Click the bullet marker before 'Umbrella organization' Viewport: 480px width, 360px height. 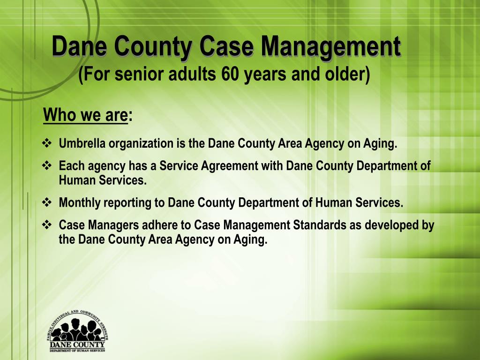pyautogui.click(x=47, y=143)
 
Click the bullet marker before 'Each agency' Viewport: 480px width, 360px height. pyautogui.click(x=47, y=165)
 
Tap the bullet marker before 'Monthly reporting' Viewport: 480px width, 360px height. pyautogui.click(x=47, y=202)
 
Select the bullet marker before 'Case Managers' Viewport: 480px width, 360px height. pyautogui.click(x=47, y=225)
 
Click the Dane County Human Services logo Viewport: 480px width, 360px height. pyautogui.click(x=77, y=331)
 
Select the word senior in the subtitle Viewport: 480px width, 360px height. pyautogui.click(x=136, y=74)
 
